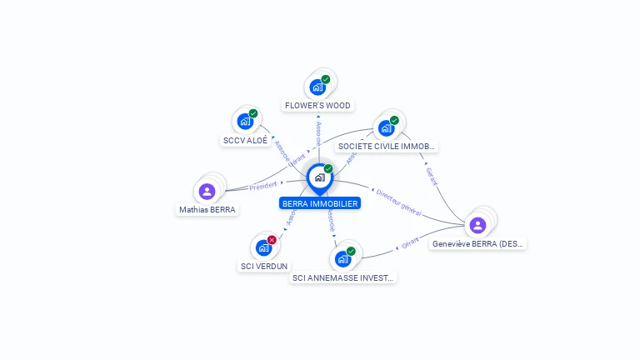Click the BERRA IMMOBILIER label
(320, 203)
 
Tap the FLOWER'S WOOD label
(317, 106)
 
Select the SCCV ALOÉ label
(245, 141)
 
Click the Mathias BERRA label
(207, 210)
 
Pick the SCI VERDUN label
(263, 266)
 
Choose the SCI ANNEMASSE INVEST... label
(342, 277)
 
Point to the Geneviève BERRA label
(478, 244)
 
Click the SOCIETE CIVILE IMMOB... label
(387, 147)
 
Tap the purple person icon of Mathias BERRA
(207, 192)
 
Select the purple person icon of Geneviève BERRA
(477, 225)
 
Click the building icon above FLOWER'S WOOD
(317, 87)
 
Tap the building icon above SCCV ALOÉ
(245, 122)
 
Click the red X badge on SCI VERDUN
(272, 240)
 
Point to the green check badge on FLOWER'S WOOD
(326, 79)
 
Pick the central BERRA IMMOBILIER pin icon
(319, 177)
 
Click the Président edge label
(262, 185)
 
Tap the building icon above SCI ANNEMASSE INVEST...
(342, 258)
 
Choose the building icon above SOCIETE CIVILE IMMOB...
(386, 127)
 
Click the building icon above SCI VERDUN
(263, 247)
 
